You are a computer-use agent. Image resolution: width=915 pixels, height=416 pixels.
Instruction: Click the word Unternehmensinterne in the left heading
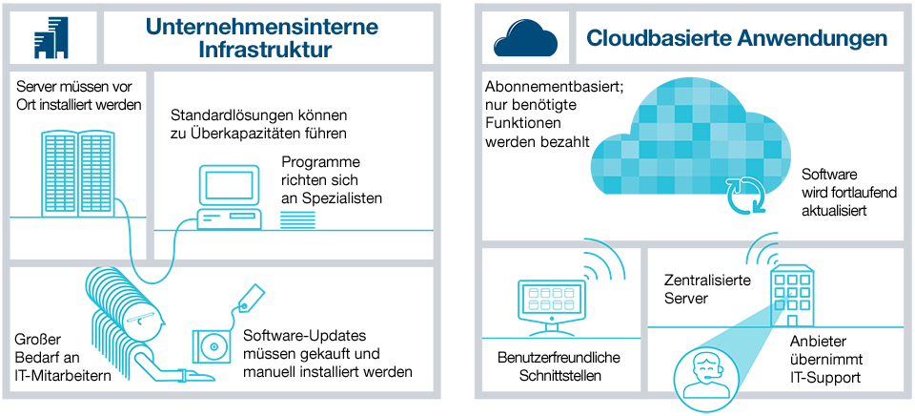point(262,27)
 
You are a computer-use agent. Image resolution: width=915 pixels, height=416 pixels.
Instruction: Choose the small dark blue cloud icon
point(525,39)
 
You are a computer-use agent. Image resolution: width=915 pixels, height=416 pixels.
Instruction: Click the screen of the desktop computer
point(229,184)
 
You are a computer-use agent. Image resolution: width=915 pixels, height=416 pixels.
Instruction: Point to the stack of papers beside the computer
point(297,220)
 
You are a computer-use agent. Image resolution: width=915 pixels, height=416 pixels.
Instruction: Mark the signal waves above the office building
point(762,250)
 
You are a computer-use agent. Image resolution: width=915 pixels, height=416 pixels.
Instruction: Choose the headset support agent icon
point(706,374)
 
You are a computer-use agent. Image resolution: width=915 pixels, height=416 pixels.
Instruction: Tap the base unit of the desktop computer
point(229,218)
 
